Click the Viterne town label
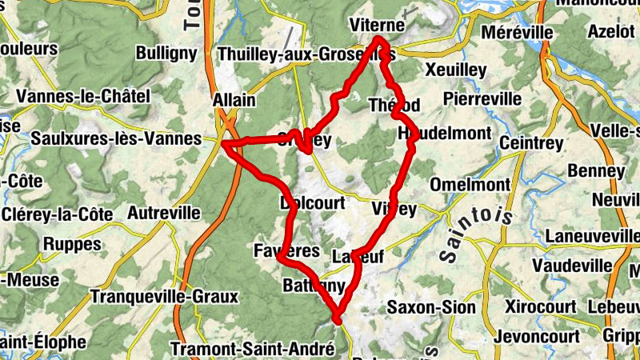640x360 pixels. [378, 26]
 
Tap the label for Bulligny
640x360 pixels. [166, 54]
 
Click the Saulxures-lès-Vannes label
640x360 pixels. [116, 138]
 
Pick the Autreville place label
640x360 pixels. [164, 213]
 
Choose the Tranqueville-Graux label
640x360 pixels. [165, 297]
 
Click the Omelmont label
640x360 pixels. [470, 185]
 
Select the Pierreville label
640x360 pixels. [482, 98]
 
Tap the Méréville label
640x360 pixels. [518, 33]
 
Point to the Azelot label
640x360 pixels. [611, 33]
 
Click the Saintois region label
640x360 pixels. [472, 232]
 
